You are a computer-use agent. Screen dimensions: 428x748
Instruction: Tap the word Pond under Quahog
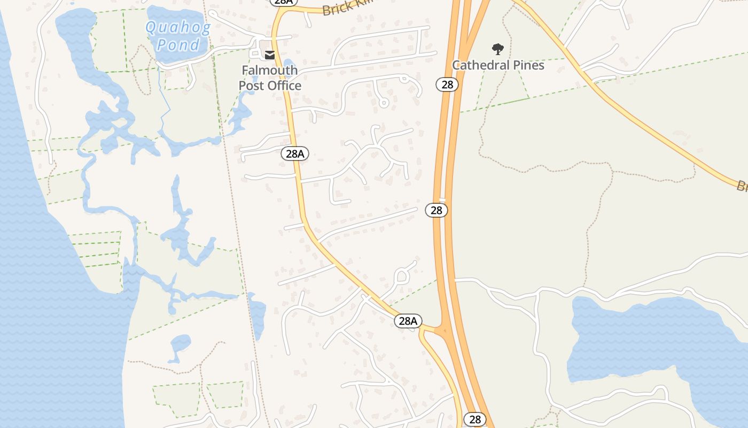tap(178, 44)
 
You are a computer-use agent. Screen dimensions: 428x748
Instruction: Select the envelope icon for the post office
tap(270, 55)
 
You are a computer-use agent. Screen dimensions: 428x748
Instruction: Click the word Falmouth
tap(269, 70)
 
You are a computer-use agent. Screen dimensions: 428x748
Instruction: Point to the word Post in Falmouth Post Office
tap(252, 86)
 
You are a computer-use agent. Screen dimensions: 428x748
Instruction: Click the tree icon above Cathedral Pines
tap(498, 49)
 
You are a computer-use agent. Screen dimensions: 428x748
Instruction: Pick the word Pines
tap(528, 65)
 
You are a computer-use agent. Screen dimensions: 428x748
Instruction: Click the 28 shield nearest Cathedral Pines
tap(447, 84)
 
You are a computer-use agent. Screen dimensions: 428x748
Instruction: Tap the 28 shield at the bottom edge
tap(474, 419)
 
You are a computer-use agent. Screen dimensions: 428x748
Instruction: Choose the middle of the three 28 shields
tap(437, 210)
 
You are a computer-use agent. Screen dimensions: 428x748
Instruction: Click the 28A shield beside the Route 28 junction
tap(408, 321)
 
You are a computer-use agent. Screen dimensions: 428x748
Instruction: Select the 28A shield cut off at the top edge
tap(283, 2)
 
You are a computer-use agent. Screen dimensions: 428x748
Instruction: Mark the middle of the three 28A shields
tap(295, 154)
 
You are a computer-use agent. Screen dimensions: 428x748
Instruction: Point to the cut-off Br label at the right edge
tap(742, 186)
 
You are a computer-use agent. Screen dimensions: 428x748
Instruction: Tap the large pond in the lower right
tap(641, 337)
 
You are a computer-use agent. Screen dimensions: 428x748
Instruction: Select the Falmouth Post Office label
tap(269, 78)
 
